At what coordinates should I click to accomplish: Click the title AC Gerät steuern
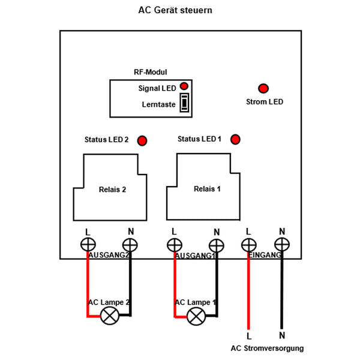pos(175,11)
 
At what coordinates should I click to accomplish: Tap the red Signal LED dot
pos(184,86)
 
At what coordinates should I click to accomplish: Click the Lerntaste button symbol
pos(185,103)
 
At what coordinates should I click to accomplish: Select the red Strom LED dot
pos(263,88)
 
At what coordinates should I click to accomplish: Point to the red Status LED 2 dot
pos(143,141)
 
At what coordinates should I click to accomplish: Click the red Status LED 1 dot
pos(235,139)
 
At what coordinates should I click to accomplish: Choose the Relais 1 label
pos(207,188)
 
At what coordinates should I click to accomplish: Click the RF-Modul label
pos(150,72)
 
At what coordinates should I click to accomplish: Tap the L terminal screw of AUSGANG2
pos(88,244)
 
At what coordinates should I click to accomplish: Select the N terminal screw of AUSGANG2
pos(130,244)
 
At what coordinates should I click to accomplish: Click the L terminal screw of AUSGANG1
pos(175,244)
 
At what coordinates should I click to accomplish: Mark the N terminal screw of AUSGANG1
pos(216,244)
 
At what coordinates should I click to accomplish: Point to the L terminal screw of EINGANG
pos(248,244)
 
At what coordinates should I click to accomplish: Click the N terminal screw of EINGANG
pos(281,244)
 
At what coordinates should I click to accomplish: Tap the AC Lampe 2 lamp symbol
pos(109,316)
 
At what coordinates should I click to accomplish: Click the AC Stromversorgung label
pos(267,348)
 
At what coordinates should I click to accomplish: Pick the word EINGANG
pos(265,256)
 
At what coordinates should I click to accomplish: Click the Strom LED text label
pos(265,102)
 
